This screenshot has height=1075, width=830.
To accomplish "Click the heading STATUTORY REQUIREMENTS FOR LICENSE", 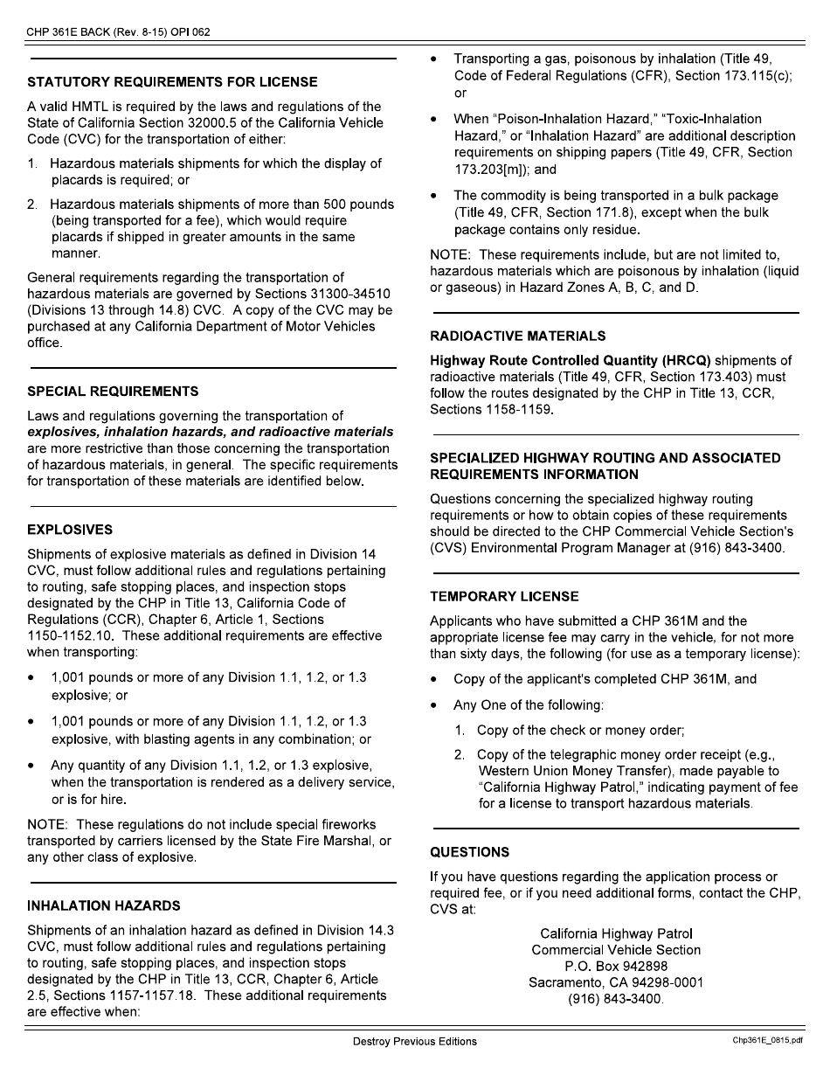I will (x=173, y=82).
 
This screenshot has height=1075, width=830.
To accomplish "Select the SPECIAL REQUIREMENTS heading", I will (x=114, y=392).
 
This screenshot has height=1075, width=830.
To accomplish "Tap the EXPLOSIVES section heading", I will (x=70, y=530).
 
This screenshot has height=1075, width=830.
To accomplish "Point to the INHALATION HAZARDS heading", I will (x=104, y=905).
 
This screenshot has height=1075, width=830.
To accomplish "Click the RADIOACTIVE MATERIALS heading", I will (x=518, y=336).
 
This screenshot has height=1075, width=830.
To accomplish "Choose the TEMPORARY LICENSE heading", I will (x=504, y=597).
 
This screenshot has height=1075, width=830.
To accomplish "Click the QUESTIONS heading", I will (x=470, y=852).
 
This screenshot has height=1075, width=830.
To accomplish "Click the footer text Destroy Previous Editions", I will (x=415, y=1042).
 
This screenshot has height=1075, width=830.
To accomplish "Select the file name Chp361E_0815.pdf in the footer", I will (x=767, y=1042).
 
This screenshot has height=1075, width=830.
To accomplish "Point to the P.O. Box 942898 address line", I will (x=616, y=966).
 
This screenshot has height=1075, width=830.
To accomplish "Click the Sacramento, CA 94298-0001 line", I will (x=616, y=982).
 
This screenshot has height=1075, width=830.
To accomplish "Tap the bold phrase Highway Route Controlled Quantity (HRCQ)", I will (x=571, y=360).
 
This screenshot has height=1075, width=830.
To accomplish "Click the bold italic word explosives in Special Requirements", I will (x=63, y=432).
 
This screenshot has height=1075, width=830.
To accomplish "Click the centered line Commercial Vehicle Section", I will (x=616, y=949).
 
